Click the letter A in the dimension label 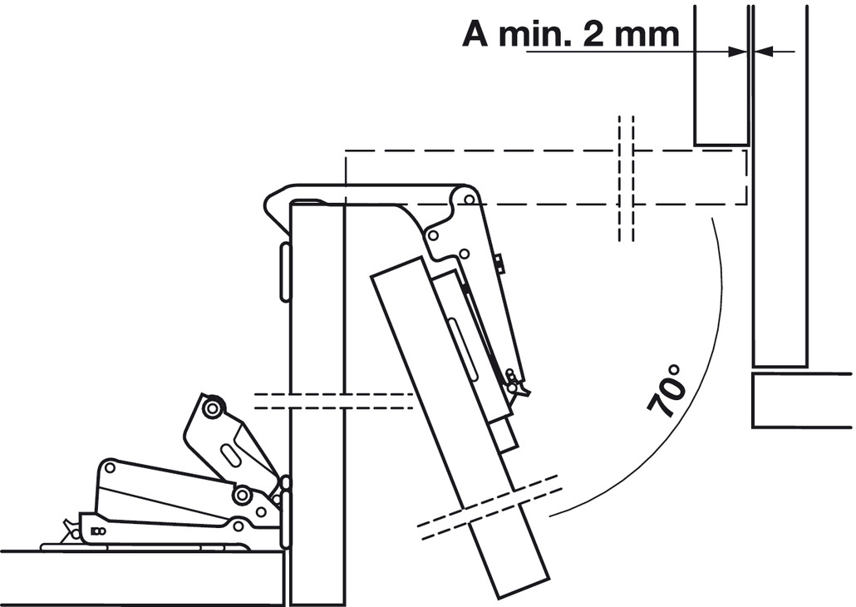(x=475, y=34)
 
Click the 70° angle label (x=667, y=391)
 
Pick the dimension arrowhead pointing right (x=738, y=52)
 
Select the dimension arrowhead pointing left (x=763, y=52)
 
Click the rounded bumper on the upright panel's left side (x=285, y=272)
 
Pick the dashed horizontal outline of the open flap (x=546, y=177)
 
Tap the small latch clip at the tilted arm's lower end (x=515, y=382)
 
